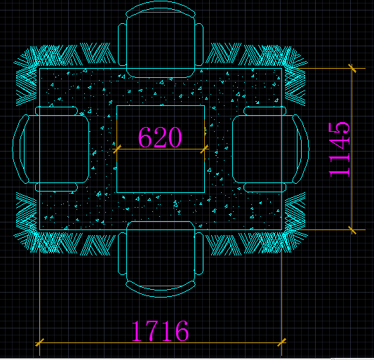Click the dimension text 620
160,137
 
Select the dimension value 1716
160,330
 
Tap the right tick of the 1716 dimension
281,342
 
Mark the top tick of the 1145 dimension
353,69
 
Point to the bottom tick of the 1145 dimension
353,229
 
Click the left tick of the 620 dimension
116,149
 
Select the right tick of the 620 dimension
204,149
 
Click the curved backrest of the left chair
20,149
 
